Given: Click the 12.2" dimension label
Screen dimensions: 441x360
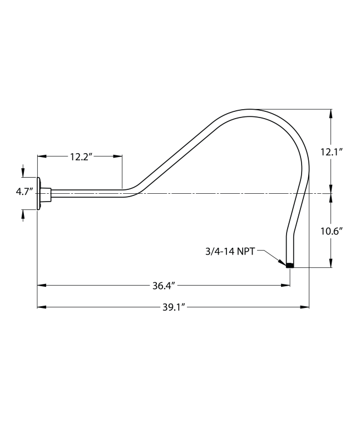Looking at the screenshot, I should click(80, 157).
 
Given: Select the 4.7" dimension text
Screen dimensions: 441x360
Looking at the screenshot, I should click(23, 192).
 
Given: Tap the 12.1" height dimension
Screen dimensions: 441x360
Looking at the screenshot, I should click(331, 151).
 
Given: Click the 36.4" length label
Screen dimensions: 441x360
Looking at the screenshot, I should click(164, 286).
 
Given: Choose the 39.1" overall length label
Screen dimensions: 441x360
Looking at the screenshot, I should click(174, 307).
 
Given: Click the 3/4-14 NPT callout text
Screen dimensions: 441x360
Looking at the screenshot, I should click(230, 252).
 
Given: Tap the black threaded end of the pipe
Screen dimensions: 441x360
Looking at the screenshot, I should click(289, 266).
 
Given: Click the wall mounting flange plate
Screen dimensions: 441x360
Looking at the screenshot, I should click(39, 194).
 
